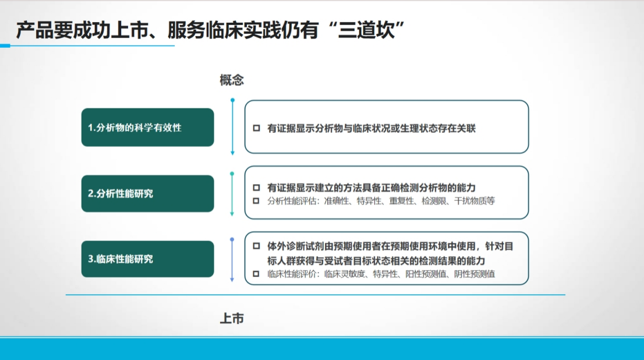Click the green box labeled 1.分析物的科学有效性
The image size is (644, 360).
pos(147,128)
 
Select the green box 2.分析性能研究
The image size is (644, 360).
pos(147,193)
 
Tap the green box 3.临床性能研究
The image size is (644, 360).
pos(147,259)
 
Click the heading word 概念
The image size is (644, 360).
pos(232,80)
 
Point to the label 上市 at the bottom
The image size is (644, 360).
pos(232,318)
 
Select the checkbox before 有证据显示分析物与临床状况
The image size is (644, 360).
pos(256,128)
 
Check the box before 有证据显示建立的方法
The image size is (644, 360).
pos(256,188)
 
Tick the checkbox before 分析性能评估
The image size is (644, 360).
pos(256,201)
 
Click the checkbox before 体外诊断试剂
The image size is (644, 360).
pos(256,246)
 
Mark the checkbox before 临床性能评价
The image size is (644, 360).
pos(256,274)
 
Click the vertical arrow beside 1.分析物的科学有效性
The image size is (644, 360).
pos(232,127)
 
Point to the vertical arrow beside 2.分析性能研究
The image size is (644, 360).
pos(232,194)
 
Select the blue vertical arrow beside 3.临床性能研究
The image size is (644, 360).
pos(232,260)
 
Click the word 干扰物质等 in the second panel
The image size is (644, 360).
pos(475,201)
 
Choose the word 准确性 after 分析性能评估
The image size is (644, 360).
pos(337,201)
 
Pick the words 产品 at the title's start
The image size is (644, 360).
pos(26,30)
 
